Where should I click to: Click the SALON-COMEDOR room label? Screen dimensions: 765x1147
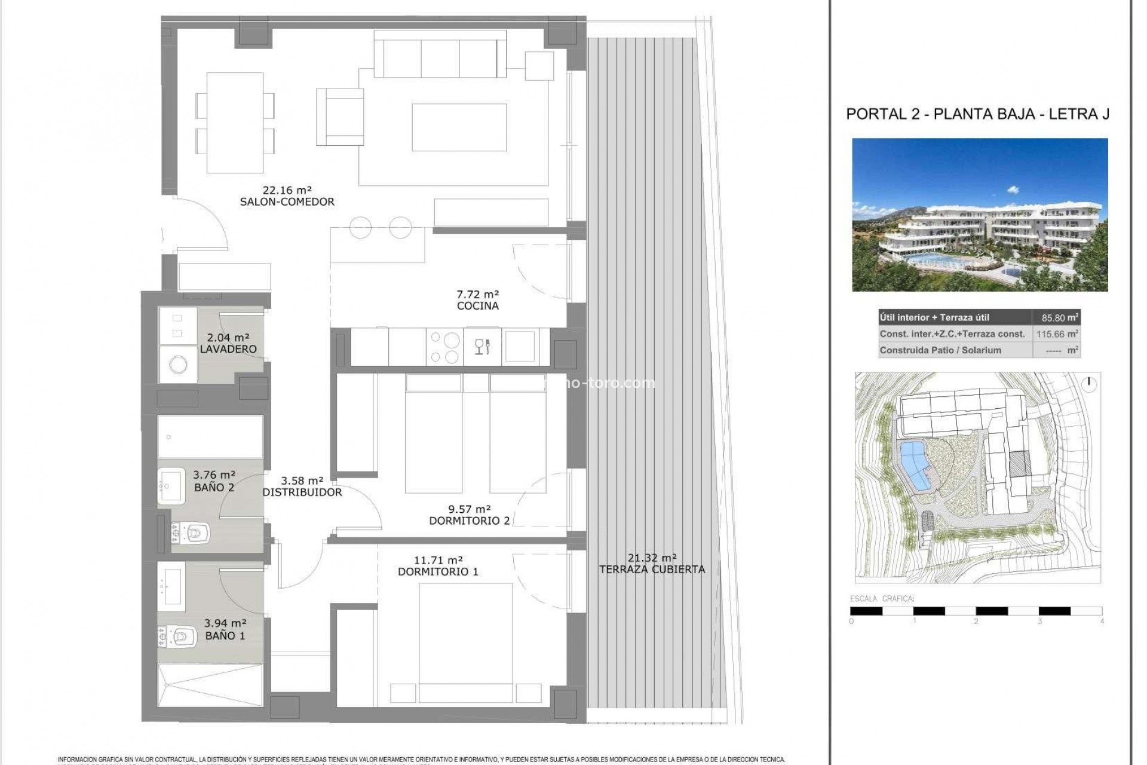[x=287, y=202]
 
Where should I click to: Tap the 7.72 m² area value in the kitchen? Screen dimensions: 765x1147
[x=477, y=294]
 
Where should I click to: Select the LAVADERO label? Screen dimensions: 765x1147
[x=228, y=349]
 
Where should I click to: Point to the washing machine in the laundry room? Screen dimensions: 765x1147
[x=178, y=364]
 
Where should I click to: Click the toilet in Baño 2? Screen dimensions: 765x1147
[x=191, y=530]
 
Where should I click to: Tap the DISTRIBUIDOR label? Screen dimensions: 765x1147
[x=302, y=492]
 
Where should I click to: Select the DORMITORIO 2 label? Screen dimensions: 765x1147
[x=469, y=521]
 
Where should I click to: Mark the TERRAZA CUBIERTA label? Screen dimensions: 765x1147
[x=652, y=570]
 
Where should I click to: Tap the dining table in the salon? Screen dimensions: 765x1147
[x=235, y=123]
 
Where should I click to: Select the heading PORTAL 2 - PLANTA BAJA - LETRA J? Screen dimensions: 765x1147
[x=977, y=114]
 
